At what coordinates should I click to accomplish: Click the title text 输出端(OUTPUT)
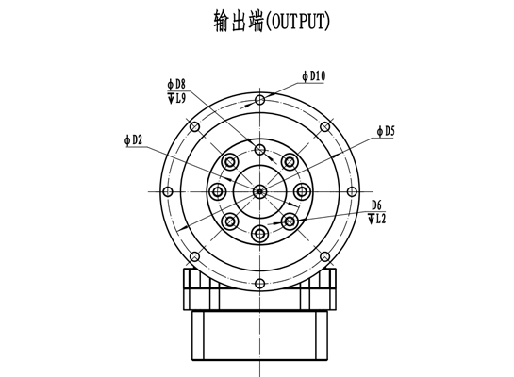click(272, 22)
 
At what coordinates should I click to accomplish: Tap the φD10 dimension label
click(314, 76)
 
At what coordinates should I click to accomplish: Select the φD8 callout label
click(176, 84)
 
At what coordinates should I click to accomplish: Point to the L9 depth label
click(176, 98)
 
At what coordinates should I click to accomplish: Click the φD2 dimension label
click(134, 140)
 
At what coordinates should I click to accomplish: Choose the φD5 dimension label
click(386, 131)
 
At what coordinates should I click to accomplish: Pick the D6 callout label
click(376, 205)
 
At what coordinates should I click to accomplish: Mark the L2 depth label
click(377, 219)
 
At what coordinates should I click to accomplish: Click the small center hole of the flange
click(260, 191)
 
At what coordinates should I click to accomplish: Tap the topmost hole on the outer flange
click(260, 100)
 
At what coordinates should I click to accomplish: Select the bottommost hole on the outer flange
click(260, 284)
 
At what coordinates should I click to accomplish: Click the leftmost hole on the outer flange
click(168, 191)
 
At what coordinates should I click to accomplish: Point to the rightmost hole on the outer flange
click(352, 191)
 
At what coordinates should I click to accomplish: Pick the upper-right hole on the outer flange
click(324, 126)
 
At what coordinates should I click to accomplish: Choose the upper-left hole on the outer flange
click(195, 126)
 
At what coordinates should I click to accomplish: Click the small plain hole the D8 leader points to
click(260, 150)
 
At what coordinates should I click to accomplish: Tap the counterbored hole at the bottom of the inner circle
click(260, 234)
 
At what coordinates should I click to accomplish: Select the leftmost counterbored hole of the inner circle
click(218, 191)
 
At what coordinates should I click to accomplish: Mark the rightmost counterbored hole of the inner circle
click(302, 191)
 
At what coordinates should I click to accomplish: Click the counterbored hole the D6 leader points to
click(290, 221)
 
